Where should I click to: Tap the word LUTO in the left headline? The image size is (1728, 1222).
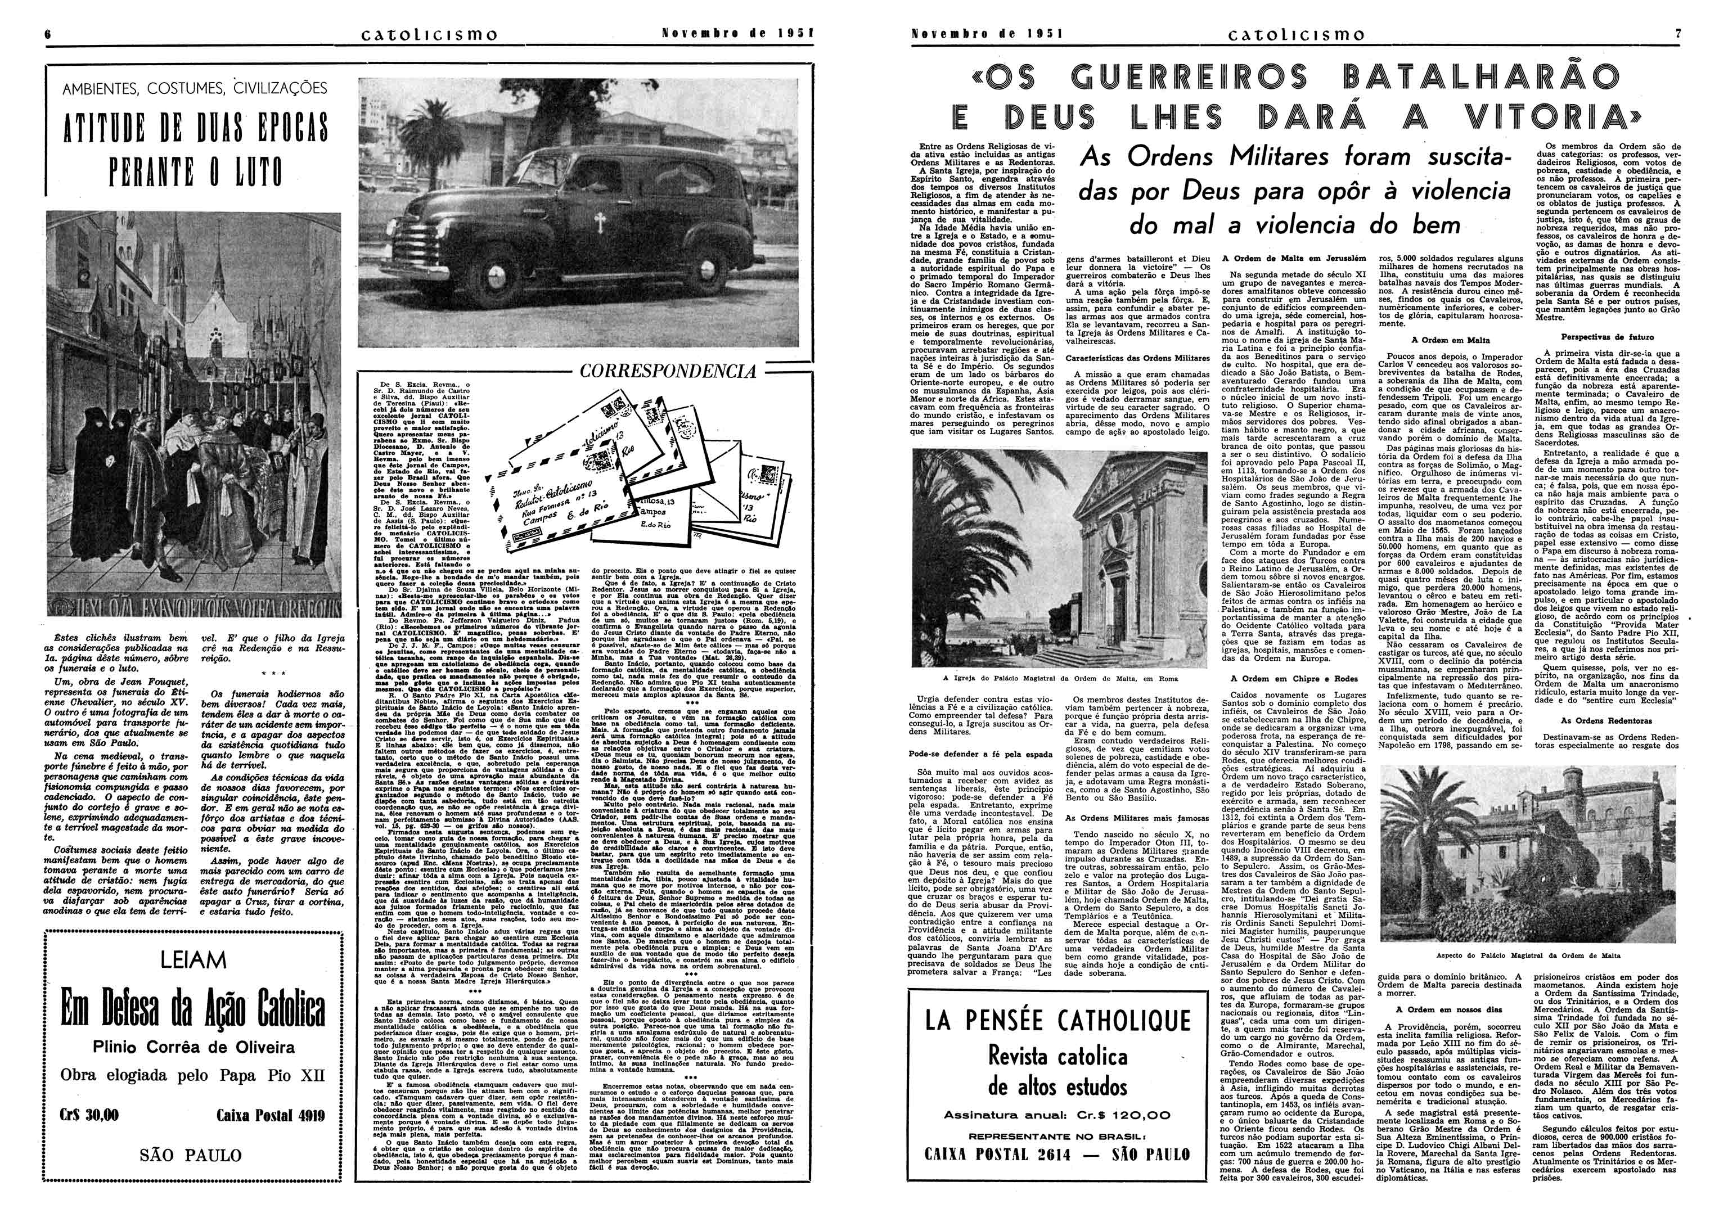coord(249,173)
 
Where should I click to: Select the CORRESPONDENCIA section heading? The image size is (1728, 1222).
coord(668,371)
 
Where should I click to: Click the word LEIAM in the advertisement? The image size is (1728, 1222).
coord(193,960)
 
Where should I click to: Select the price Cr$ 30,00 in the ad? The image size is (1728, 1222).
coord(89,1115)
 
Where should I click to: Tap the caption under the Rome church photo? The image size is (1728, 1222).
coord(1060,678)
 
